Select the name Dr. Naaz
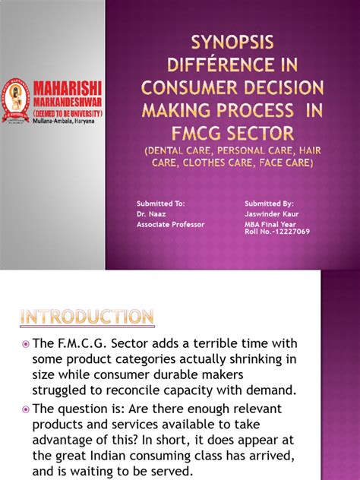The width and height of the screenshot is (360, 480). click(x=150, y=213)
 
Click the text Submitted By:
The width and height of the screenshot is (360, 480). click(x=269, y=204)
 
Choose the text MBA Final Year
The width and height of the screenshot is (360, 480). click(x=273, y=223)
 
